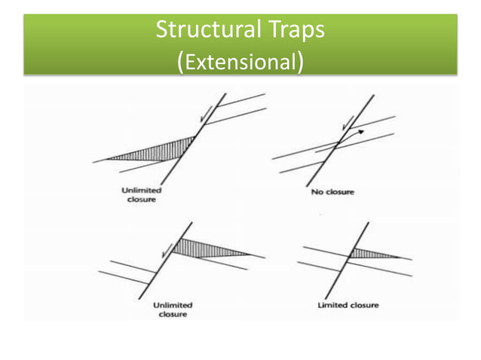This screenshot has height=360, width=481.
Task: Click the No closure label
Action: (332, 192)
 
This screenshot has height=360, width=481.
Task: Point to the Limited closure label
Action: (348, 305)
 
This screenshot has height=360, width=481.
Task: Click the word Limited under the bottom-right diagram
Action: (332, 305)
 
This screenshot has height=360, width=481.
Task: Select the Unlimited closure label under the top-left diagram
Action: (141, 196)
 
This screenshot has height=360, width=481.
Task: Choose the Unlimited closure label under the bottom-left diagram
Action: (173, 309)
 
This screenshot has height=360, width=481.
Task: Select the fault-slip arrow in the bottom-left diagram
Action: (167, 250)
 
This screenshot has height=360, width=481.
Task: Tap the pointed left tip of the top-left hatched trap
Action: (107, 158)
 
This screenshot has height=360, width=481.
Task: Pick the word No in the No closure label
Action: (317, 192)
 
